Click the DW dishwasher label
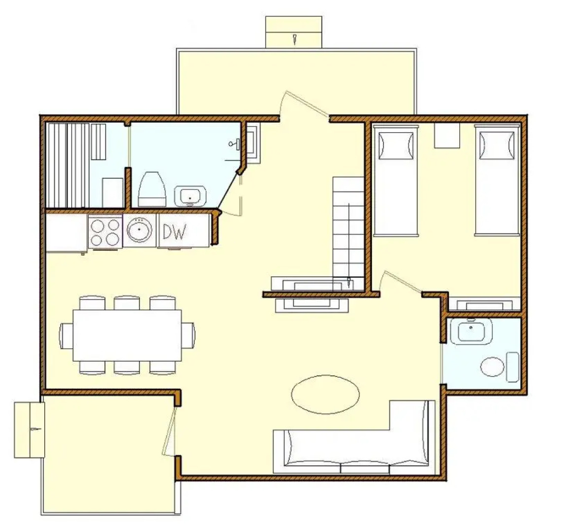point(174,232)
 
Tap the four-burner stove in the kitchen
point(105,232)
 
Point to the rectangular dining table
point(127,335)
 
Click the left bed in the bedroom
point(395,180)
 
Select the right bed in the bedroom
point(497,180)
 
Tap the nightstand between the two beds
point(446,135)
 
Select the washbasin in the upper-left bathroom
point(191,196)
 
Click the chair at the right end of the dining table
point(188,335)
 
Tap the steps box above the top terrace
point(294,32)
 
